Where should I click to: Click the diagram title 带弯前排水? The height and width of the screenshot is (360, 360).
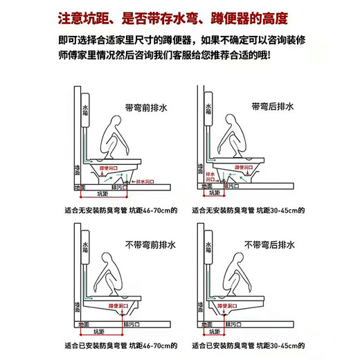pos(147,108)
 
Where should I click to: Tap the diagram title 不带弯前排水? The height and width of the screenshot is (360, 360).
pos(147,245)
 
